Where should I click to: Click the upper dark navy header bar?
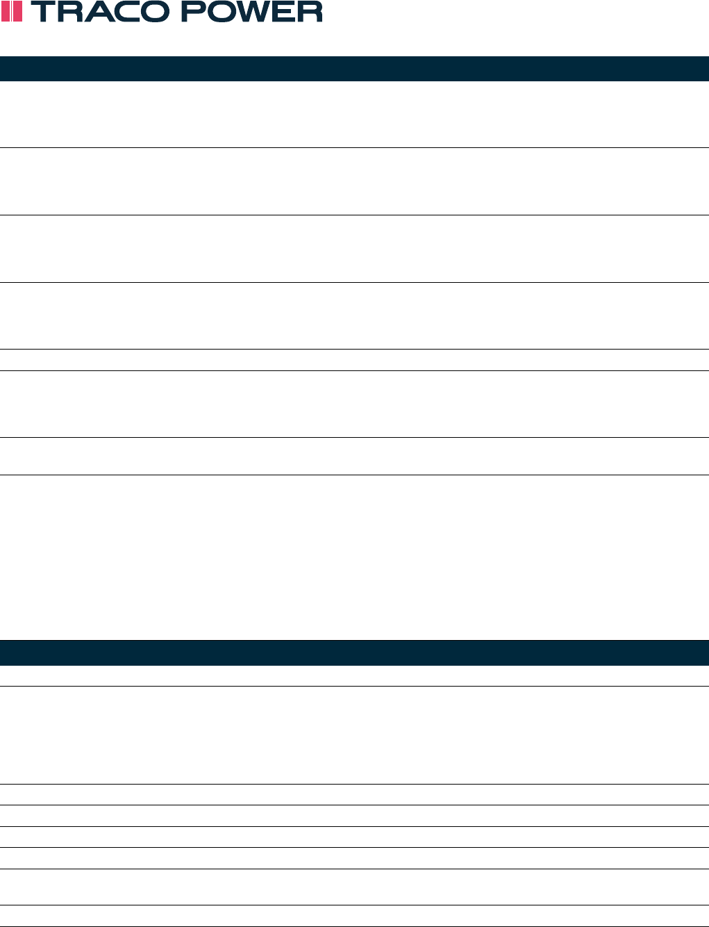tap(354, 69)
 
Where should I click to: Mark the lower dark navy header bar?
tap(354, 653)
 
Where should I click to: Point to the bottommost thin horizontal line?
tap(354, 926)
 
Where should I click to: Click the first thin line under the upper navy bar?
tap(354, 147)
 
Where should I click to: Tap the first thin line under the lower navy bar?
tap(354, 687)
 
